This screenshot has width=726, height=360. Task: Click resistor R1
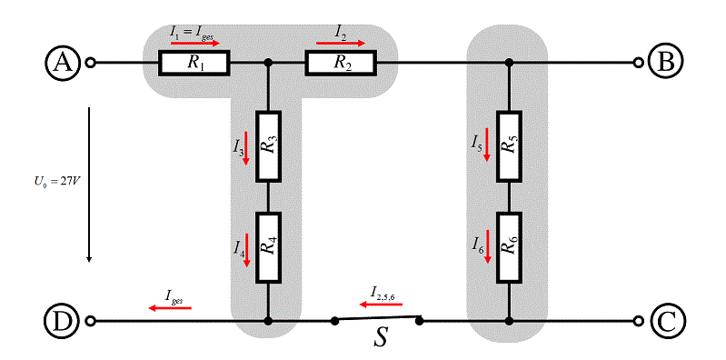[194, 63]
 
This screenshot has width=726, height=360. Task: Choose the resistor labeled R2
[341, 63]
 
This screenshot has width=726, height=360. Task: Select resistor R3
[269, 146]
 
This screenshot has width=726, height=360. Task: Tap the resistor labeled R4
[269, 247]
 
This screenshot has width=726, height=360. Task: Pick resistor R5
[510, 146]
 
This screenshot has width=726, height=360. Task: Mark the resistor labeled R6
[510, 247]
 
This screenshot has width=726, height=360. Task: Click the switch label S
[381, 339]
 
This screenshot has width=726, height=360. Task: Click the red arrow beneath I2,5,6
[381, 305]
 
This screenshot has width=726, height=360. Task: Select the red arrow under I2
[341, 43]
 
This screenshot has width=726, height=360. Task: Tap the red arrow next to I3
[246, 148]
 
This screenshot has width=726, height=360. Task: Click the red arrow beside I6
[487, 246]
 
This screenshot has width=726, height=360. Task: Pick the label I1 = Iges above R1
[192, 33]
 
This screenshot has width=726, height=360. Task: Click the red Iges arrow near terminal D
[170, 307]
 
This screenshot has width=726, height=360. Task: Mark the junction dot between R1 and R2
[267, 62]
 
